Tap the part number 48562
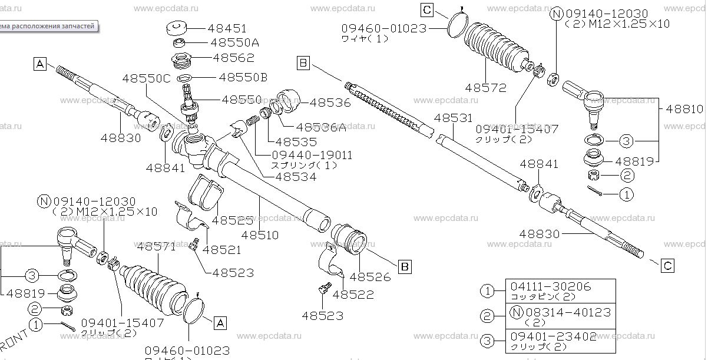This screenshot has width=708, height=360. point(234,58)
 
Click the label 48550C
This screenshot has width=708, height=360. point(147,78)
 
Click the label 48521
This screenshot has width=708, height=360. point(222,250)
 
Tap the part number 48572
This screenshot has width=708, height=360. point(485,88)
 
